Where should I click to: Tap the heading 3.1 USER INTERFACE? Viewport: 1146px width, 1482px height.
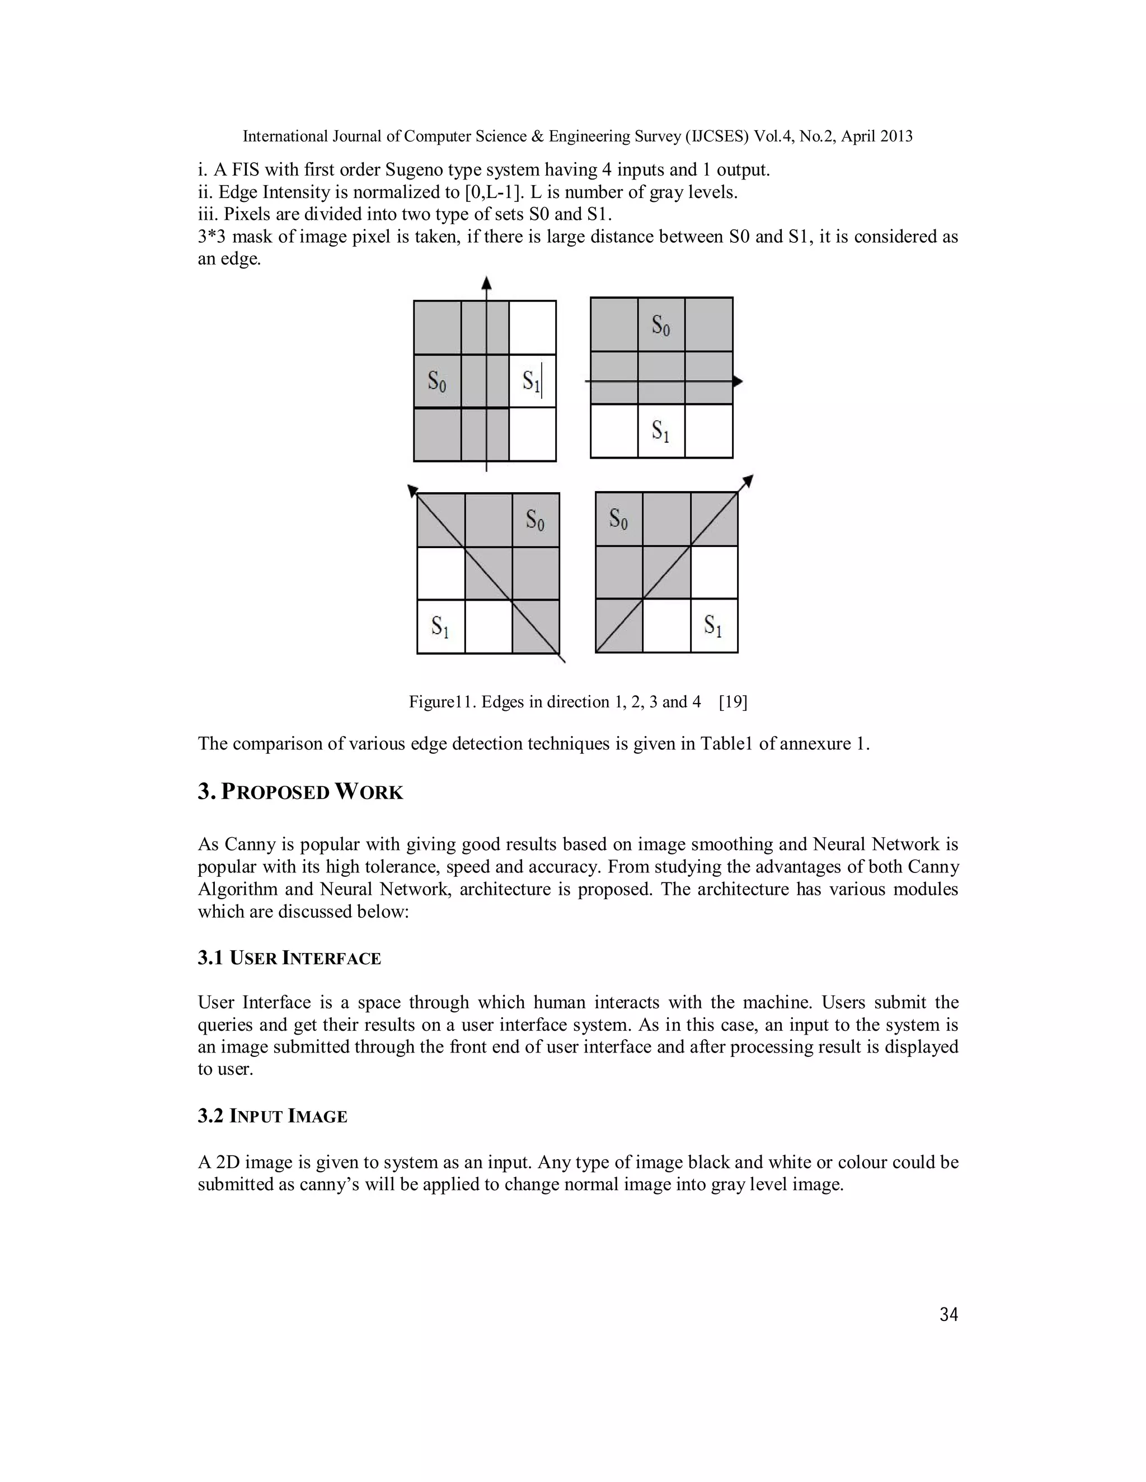point(289,958)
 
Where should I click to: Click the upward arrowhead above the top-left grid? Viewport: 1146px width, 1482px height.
point(486,284)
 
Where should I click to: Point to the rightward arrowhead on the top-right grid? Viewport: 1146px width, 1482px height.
point(738,382)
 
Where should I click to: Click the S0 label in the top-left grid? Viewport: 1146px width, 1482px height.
point(436,381)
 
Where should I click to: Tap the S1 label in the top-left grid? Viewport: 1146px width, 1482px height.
point(531,381)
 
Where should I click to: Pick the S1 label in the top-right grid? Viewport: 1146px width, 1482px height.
point(661,431)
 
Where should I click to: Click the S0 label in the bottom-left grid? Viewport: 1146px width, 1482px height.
point(535,521)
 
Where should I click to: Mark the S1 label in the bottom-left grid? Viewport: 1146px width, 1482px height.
point(440,626)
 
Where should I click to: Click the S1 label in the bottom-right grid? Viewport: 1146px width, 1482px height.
point(712,625)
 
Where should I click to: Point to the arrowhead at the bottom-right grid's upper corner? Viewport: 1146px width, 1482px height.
point(748,481)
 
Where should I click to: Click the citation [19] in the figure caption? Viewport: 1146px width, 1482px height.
point(732,702)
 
